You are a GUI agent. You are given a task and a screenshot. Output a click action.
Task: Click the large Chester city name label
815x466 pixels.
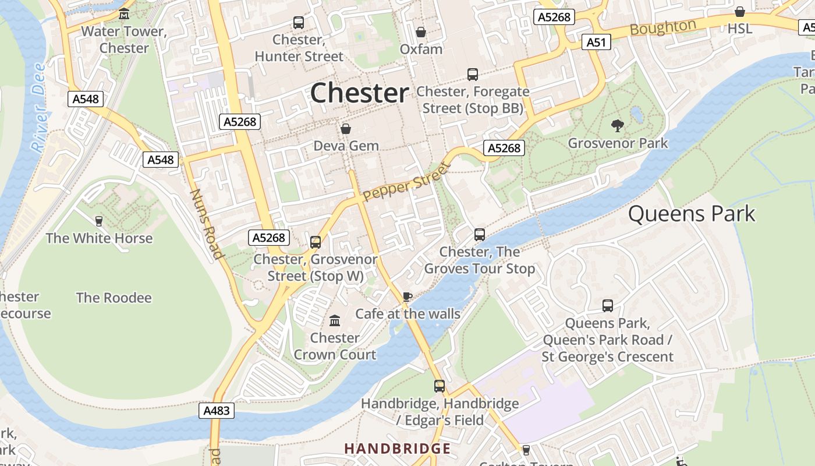click(359, 93)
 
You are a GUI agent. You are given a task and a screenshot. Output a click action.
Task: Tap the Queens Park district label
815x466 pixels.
click(691, 214)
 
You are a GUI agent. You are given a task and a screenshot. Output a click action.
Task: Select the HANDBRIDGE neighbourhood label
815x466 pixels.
click(397, 449)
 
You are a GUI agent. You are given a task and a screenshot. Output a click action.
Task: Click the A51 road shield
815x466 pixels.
click(596, 42)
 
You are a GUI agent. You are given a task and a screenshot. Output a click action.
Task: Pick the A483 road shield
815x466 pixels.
click(217, 411)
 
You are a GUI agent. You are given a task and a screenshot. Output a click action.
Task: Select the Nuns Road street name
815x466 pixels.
click(207, 224)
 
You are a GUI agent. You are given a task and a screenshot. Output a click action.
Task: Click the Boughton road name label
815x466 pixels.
click(662, 27)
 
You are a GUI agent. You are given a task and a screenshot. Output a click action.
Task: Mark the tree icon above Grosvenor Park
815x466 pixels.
click(617, 125)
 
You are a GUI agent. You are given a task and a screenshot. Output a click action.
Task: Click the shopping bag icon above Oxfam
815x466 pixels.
click(421, 32)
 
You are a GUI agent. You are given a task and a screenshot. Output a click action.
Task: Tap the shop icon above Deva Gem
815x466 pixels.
click(346, 129)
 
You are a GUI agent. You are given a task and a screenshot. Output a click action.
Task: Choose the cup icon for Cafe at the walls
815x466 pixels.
click(408, 296)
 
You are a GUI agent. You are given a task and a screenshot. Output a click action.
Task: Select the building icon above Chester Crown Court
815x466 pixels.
click(335, 320)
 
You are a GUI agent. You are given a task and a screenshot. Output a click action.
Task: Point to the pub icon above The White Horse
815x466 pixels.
click(99, 221)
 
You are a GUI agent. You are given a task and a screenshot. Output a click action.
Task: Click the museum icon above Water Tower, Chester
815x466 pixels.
click(124, 14)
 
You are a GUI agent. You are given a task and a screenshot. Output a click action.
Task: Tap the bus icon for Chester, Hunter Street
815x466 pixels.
click(299, 23)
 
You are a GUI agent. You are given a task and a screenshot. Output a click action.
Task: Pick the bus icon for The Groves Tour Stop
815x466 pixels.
click(480, 235)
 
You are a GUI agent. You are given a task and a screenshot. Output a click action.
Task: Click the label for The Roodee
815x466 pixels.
click(114, 298)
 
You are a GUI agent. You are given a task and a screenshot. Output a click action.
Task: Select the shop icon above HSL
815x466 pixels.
click(739, 12)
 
